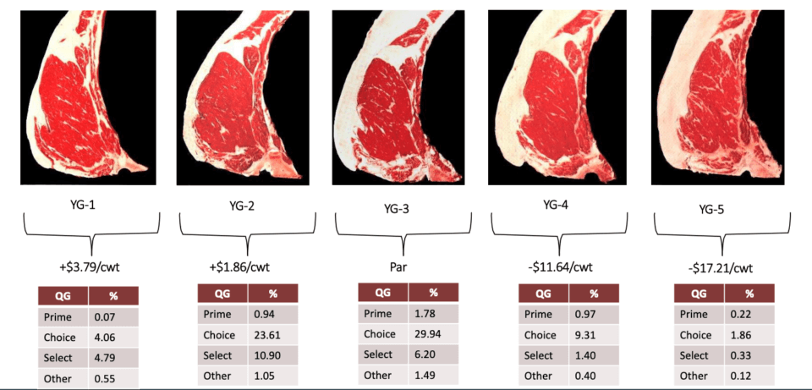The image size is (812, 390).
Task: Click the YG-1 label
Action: [x=89, y=205]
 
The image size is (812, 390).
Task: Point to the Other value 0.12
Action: [x=749, y=376]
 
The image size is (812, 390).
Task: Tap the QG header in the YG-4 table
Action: [x=542, y=294]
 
